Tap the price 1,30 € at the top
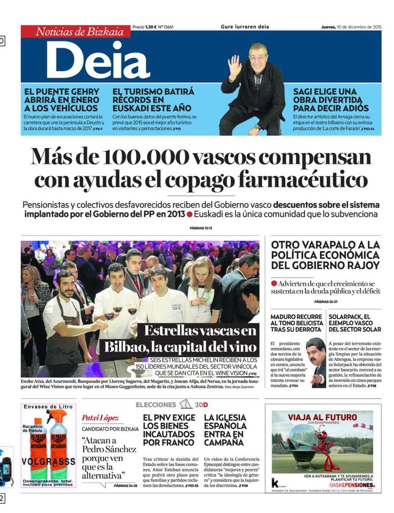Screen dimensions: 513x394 point(150,27)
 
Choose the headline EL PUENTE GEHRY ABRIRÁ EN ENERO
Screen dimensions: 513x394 point(61,100)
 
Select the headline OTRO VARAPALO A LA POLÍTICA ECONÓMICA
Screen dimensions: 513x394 point(325,255)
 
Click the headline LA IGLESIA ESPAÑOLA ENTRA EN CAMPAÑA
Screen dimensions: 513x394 point(225,429)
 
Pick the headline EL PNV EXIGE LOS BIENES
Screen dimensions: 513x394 point(168,429)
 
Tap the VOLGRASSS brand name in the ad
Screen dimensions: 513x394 point(49,461)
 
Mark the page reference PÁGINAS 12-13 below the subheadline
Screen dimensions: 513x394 point(201,228)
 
